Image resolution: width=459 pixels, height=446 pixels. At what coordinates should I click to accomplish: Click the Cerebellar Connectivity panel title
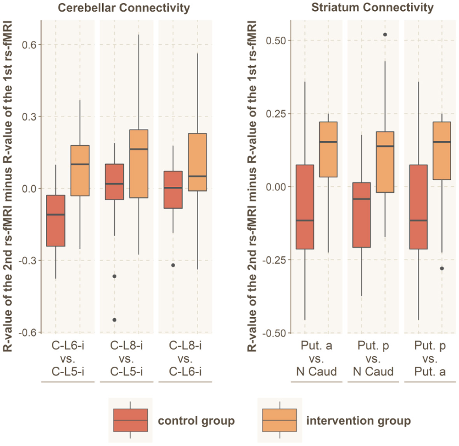(124, 8)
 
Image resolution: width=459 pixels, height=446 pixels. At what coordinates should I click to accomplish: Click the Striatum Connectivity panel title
(372, 7)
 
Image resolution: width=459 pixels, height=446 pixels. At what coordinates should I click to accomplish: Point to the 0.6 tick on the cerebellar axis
(29, 45)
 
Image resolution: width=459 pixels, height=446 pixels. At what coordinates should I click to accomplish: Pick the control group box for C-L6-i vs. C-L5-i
(56, 221)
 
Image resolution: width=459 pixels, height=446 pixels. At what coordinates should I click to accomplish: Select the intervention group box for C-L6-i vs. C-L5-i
(80, 170)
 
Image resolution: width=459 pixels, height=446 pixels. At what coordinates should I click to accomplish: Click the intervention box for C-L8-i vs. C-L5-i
(138, 163)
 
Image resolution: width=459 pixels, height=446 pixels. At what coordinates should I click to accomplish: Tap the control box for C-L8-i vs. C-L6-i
(173, 190)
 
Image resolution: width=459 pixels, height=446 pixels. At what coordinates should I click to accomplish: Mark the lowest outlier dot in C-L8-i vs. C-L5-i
(114, 320)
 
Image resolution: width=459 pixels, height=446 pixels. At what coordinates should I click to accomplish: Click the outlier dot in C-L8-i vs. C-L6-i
(173, 265)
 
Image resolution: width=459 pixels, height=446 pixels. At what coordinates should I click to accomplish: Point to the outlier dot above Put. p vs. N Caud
(385, 35)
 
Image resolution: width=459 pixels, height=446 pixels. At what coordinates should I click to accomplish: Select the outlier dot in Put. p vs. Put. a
(442, 269)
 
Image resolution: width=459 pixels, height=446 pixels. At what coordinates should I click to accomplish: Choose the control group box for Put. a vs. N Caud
(305, 207)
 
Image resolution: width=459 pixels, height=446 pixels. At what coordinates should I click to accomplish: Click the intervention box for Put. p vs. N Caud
(385, 162)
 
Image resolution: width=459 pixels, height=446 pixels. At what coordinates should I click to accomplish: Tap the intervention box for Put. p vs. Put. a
(442, 151)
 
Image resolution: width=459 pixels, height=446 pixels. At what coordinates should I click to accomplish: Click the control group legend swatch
(130, 420)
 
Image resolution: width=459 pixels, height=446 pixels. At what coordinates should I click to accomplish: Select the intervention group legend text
(358, 421)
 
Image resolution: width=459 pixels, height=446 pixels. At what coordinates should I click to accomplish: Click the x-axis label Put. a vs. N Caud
(316, 358)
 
